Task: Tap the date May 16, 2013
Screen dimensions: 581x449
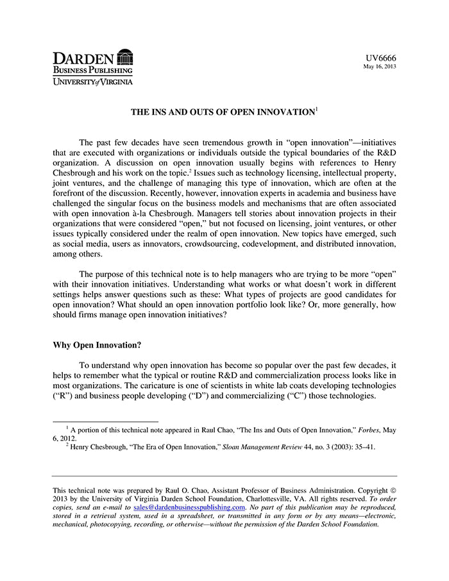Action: (x=380, y=67)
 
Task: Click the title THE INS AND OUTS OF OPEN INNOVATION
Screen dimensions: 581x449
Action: (x=223, y=112)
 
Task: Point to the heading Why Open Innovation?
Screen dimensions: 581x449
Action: (x=97, y=345)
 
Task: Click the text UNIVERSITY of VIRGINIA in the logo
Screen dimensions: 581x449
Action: (x=93, y=81)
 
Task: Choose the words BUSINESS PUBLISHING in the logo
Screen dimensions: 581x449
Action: (x=93, y=69)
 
